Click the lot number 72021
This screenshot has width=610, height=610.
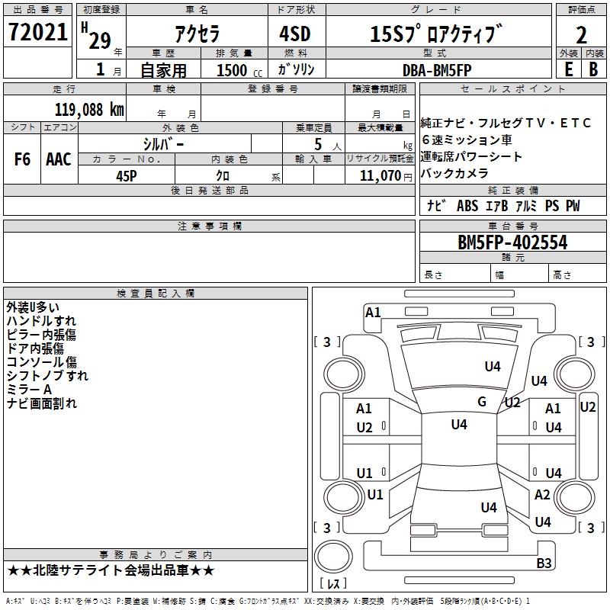[x=37, y=32]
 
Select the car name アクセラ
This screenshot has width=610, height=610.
[x=197, y=34]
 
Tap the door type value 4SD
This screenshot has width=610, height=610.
[x=295, y=34]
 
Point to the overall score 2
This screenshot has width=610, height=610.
[x=581, y=35]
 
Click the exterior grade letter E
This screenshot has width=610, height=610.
[x=568, y=69]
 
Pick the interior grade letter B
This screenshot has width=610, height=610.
[x=593, y=69]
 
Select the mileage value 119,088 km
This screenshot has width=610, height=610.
[x=89, y=110]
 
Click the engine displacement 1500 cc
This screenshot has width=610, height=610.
[x=239, y=70]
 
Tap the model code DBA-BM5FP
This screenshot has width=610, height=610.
[x=437, y=70]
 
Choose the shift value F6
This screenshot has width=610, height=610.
[x=22, y=159]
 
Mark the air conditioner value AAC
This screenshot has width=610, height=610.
[x=59, y=159]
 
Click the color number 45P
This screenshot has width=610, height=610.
[x=127, y=176]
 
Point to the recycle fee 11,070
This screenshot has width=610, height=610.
[x=380, y=175]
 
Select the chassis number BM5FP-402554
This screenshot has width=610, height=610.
[x=512, y=242]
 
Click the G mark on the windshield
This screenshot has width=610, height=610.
[x=482, y=401]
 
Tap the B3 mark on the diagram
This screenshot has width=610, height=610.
[x=544, y=563]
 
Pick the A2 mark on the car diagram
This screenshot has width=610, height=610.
[x=542, y=494]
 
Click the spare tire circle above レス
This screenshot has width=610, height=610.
[x=333, y=556]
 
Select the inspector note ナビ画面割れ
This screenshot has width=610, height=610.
[x=42, y=403]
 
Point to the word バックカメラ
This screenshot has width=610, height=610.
[x=454, y=173]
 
